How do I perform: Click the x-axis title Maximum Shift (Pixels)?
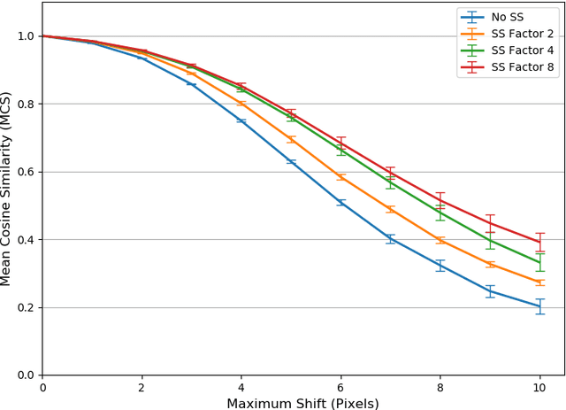302,403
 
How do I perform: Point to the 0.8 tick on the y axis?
26,104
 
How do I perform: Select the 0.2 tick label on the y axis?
26,308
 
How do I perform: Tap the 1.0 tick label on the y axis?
26,36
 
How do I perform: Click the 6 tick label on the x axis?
340,386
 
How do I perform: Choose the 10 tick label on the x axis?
540,386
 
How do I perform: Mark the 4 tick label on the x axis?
241,386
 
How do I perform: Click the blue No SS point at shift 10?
540,306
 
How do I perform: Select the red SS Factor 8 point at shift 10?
540,242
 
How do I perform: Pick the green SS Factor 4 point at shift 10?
540,262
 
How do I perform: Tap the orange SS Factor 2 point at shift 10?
540,282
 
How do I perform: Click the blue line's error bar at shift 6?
340,203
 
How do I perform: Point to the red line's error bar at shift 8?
440,200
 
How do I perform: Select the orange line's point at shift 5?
291,139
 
